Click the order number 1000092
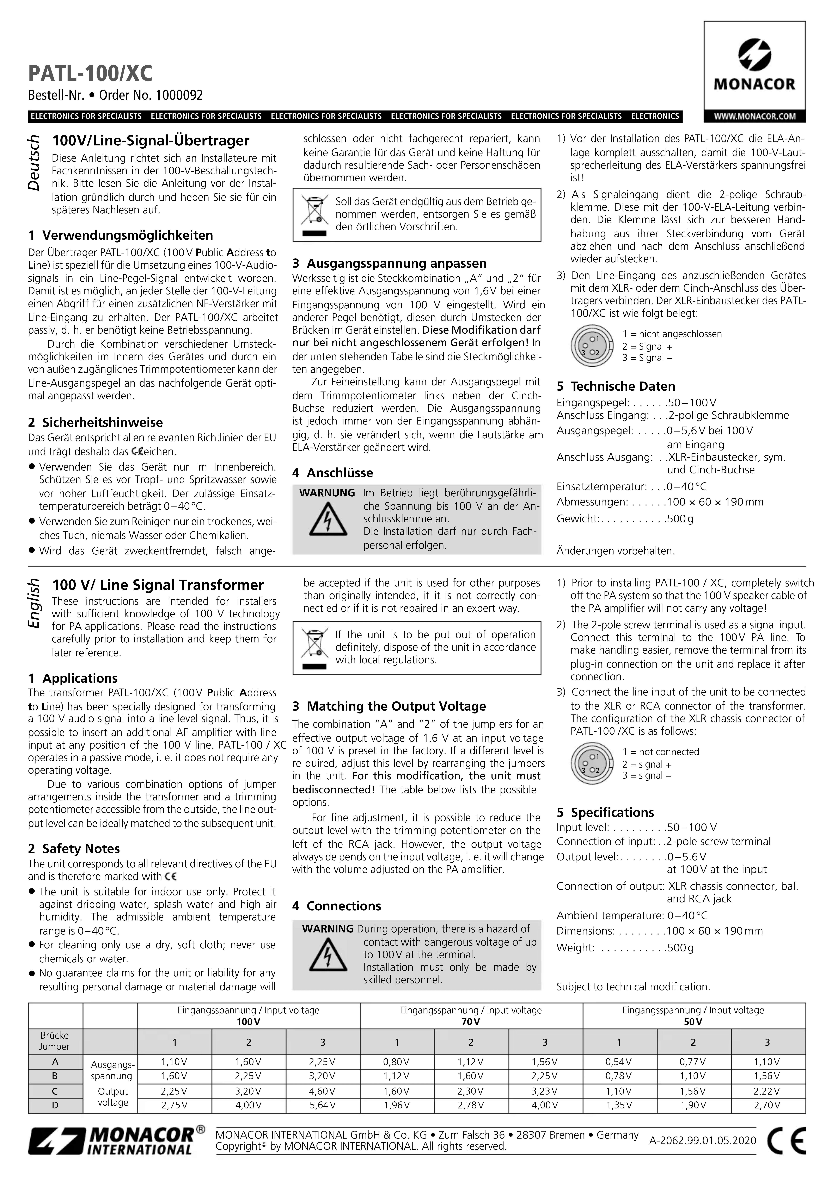pyautogui.click(x=179, y=95)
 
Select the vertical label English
pyautogui.click(x=34, y=603)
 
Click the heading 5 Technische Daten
pyautogui.click(x=616, y=386)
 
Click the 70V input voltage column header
pyautogui.click(x=471, y=1022)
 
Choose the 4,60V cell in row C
pyautogui.click(x=323, y=1091)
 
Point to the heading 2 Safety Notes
pyautogui.click(x=74, y=848)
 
